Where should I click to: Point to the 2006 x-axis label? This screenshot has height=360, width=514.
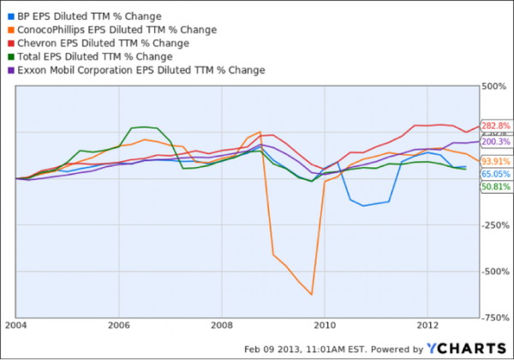coord(119,327)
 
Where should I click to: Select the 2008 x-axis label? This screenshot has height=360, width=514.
coord(222,327)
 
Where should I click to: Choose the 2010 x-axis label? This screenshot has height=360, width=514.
coord(325,327)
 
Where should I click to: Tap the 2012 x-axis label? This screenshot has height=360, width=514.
coord(427,327)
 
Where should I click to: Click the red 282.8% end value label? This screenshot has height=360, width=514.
coord(496,125)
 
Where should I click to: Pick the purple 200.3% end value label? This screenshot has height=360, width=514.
coord(496,142)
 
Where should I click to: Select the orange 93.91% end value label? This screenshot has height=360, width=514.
coord(496,160)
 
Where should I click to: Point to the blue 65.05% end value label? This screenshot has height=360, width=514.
coord(496,173)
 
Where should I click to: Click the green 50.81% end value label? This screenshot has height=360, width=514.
coord(496,186)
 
